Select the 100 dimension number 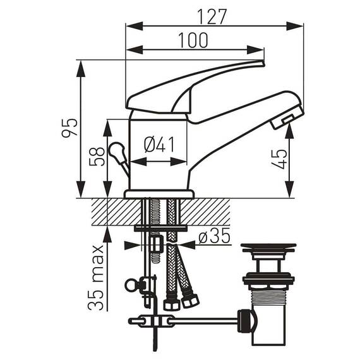point(192,40)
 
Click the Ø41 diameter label point(159,145)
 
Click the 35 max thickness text point(95,278)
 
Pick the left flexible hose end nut point(169,304)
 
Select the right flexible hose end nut point(188,303)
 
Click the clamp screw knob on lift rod point(131,285)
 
